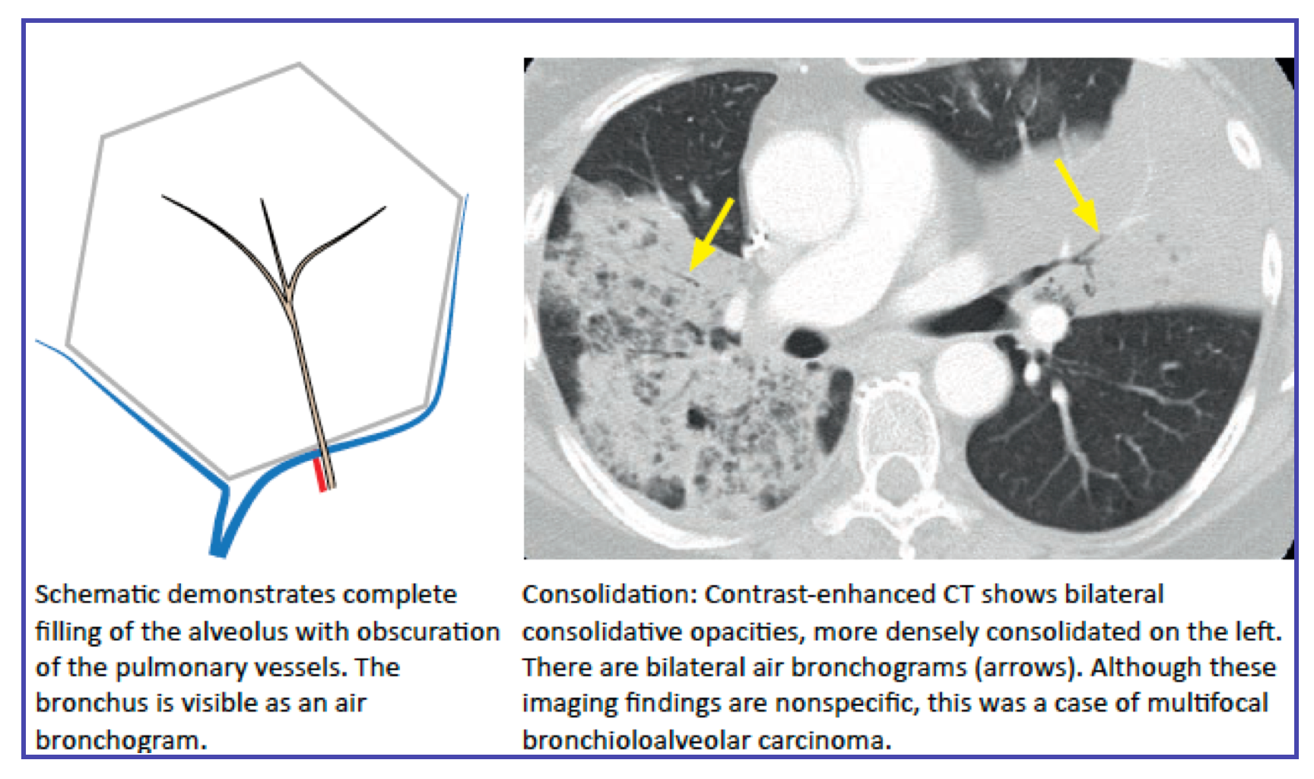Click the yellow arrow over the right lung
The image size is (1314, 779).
[712, 234]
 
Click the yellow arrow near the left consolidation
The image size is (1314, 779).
[1078, 194]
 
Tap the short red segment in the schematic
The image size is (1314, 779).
[321, 472]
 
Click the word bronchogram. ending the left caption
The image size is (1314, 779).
[121, 739]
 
